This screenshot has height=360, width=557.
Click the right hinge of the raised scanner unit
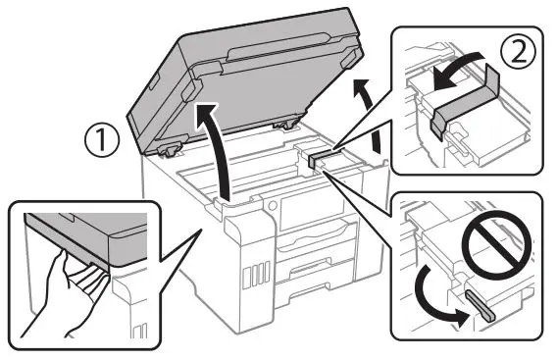[x=285, y=124]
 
